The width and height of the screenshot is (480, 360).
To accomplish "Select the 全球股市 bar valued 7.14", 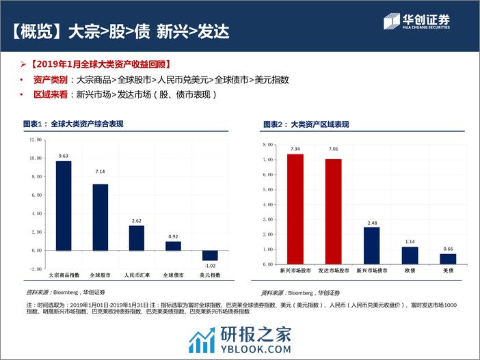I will pos(100,217).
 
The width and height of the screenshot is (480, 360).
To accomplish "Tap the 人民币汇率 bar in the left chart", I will pos(137,237).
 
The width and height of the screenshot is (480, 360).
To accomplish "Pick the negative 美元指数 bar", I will pos(209,255).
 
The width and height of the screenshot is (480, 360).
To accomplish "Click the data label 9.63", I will pos(64,156).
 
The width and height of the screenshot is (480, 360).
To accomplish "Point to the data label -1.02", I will pos(209,266).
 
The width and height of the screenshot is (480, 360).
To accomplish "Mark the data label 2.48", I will pos(371,222).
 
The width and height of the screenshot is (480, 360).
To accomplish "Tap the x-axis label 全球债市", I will pos(173,275).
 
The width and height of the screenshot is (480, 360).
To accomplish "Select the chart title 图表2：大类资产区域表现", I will pos(306,124).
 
